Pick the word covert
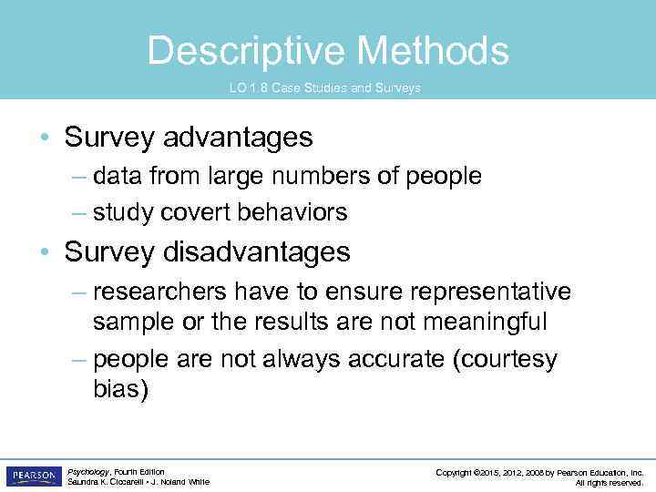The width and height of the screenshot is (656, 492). point(194,212)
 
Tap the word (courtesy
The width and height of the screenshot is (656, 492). point(505,359)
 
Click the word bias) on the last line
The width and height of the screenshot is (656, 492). point(120,389)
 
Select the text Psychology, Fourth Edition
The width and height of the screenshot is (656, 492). point(116,472)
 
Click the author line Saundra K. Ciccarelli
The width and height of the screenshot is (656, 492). point(138,482)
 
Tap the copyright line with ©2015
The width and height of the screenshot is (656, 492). point(539,472)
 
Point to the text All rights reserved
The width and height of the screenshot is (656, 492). point(610,482)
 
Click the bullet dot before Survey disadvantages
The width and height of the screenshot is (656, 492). point(45,252)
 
